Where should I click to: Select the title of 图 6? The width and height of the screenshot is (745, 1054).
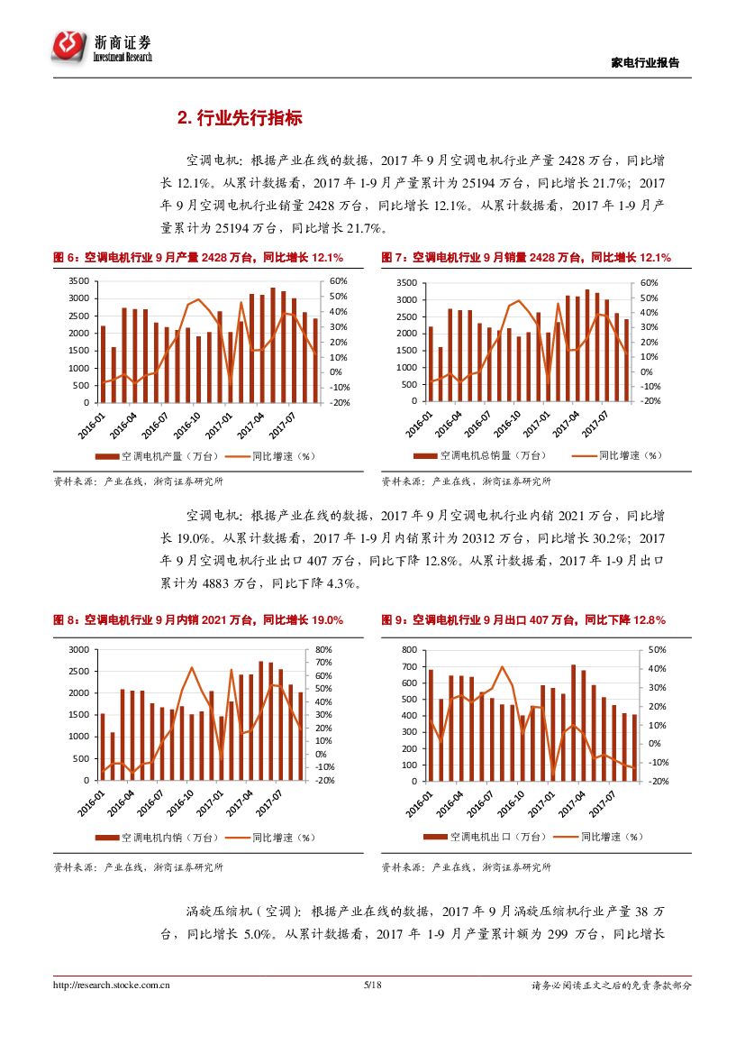click(198, 258)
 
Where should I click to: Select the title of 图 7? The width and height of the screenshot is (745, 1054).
click(525, 258)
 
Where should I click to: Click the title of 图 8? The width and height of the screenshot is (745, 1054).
click(198, 620)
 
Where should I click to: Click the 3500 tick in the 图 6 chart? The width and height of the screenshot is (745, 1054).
click(78, 282)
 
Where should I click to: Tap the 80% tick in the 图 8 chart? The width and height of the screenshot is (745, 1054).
click(324, 650)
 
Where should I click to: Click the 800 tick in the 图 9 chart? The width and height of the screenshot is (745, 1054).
click(410, 650)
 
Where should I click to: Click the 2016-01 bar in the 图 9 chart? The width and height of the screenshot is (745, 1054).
click(431, 725)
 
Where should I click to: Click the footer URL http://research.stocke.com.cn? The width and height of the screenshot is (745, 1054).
click(113, 985)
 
